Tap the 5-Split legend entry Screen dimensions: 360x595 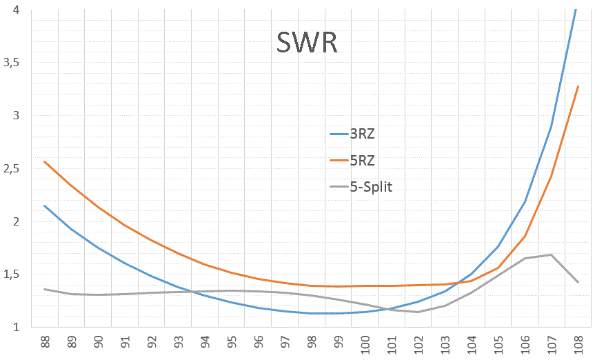click(361, 187)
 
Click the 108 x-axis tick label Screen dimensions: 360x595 click(578, 343)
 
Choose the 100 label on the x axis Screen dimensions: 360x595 click(365, 343)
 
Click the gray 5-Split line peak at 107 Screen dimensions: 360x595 click(551, 254)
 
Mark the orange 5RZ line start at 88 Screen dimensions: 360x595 click(45, 161)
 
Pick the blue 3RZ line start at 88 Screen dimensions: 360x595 click(45, 206)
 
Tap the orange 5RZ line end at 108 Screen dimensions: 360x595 click(578, 86)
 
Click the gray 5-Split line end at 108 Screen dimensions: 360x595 click(578, 282)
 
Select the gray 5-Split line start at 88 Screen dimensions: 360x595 click(45, 289)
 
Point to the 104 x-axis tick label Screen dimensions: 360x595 click(472, 343)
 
